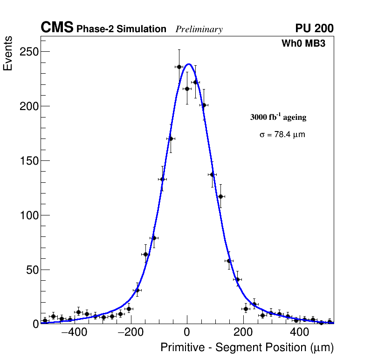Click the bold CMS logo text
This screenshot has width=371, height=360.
pyautogui.click(x=57, y=28)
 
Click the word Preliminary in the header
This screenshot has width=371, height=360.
pyautogui.click(x=199, y=29)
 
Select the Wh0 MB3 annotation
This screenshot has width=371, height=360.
pyautogui.click(x=303, y=43)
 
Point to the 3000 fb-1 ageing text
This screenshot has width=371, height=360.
pyautogui.click(x=278, y=117)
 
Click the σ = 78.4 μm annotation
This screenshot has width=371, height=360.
pyautogui.click(x=282, y=135)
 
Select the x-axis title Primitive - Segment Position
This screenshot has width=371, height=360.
pyautogui.click(x=247, y=348)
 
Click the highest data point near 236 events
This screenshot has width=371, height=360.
pyautogui.click(x=179, y=67)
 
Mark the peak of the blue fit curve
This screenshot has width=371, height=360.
pyautogui.click(x=189, y=64)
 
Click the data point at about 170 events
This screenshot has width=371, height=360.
pyautogui.click(x=171, y=138)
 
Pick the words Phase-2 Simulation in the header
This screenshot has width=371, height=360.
pyautogui.click(x=121, y=29)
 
